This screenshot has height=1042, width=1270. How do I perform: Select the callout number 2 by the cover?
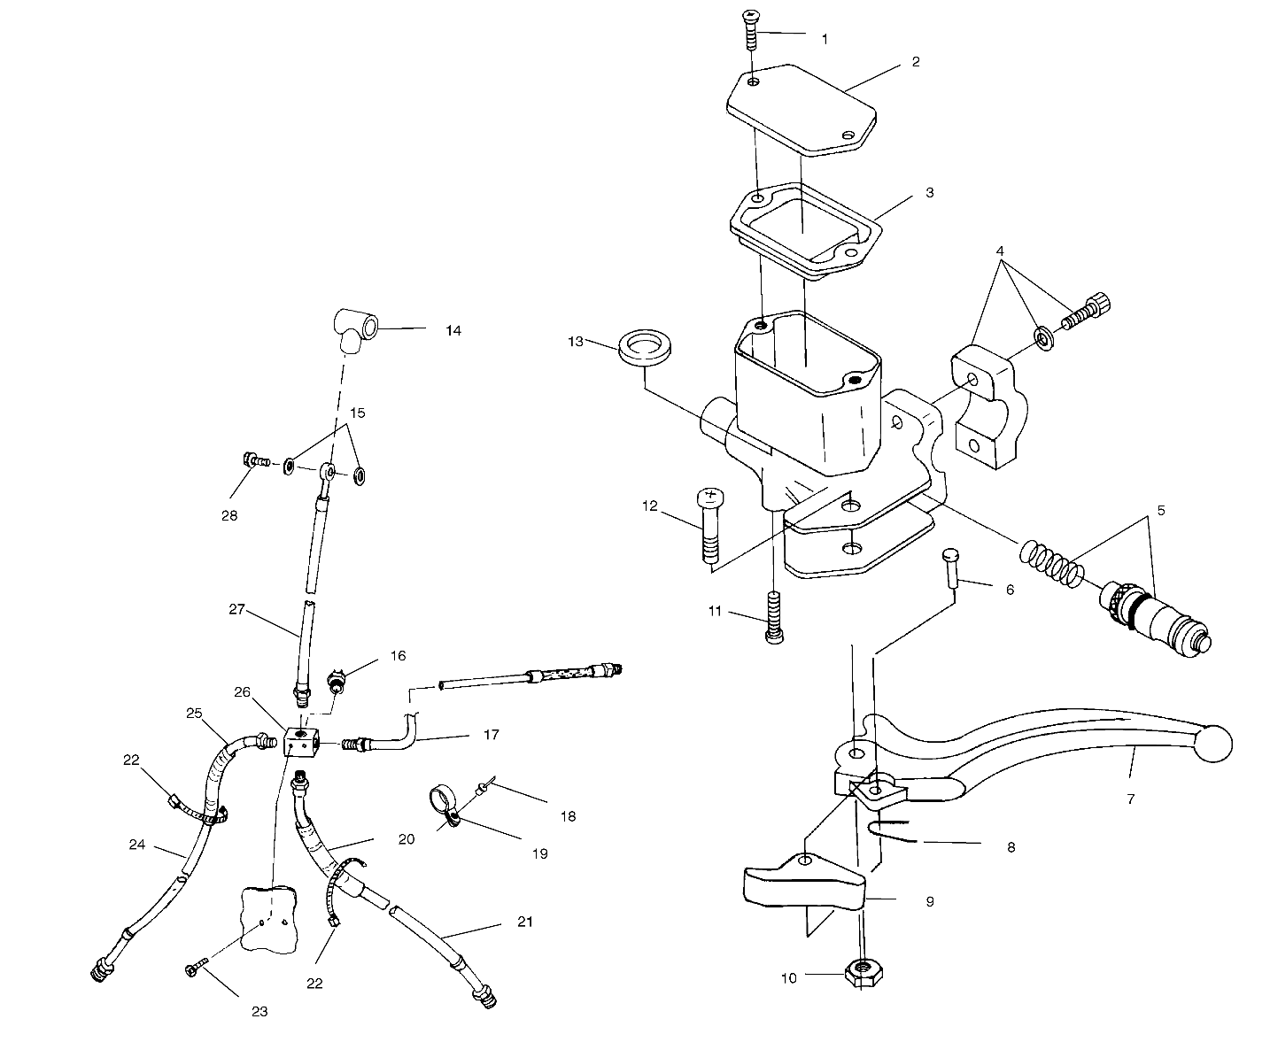915,61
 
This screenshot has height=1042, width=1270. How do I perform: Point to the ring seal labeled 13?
640,346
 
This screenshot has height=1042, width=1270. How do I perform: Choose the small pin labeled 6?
949,567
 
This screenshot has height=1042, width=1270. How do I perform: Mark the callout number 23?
259,1011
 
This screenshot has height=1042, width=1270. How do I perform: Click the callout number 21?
525,922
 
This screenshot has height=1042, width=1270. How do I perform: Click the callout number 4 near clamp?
999,251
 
